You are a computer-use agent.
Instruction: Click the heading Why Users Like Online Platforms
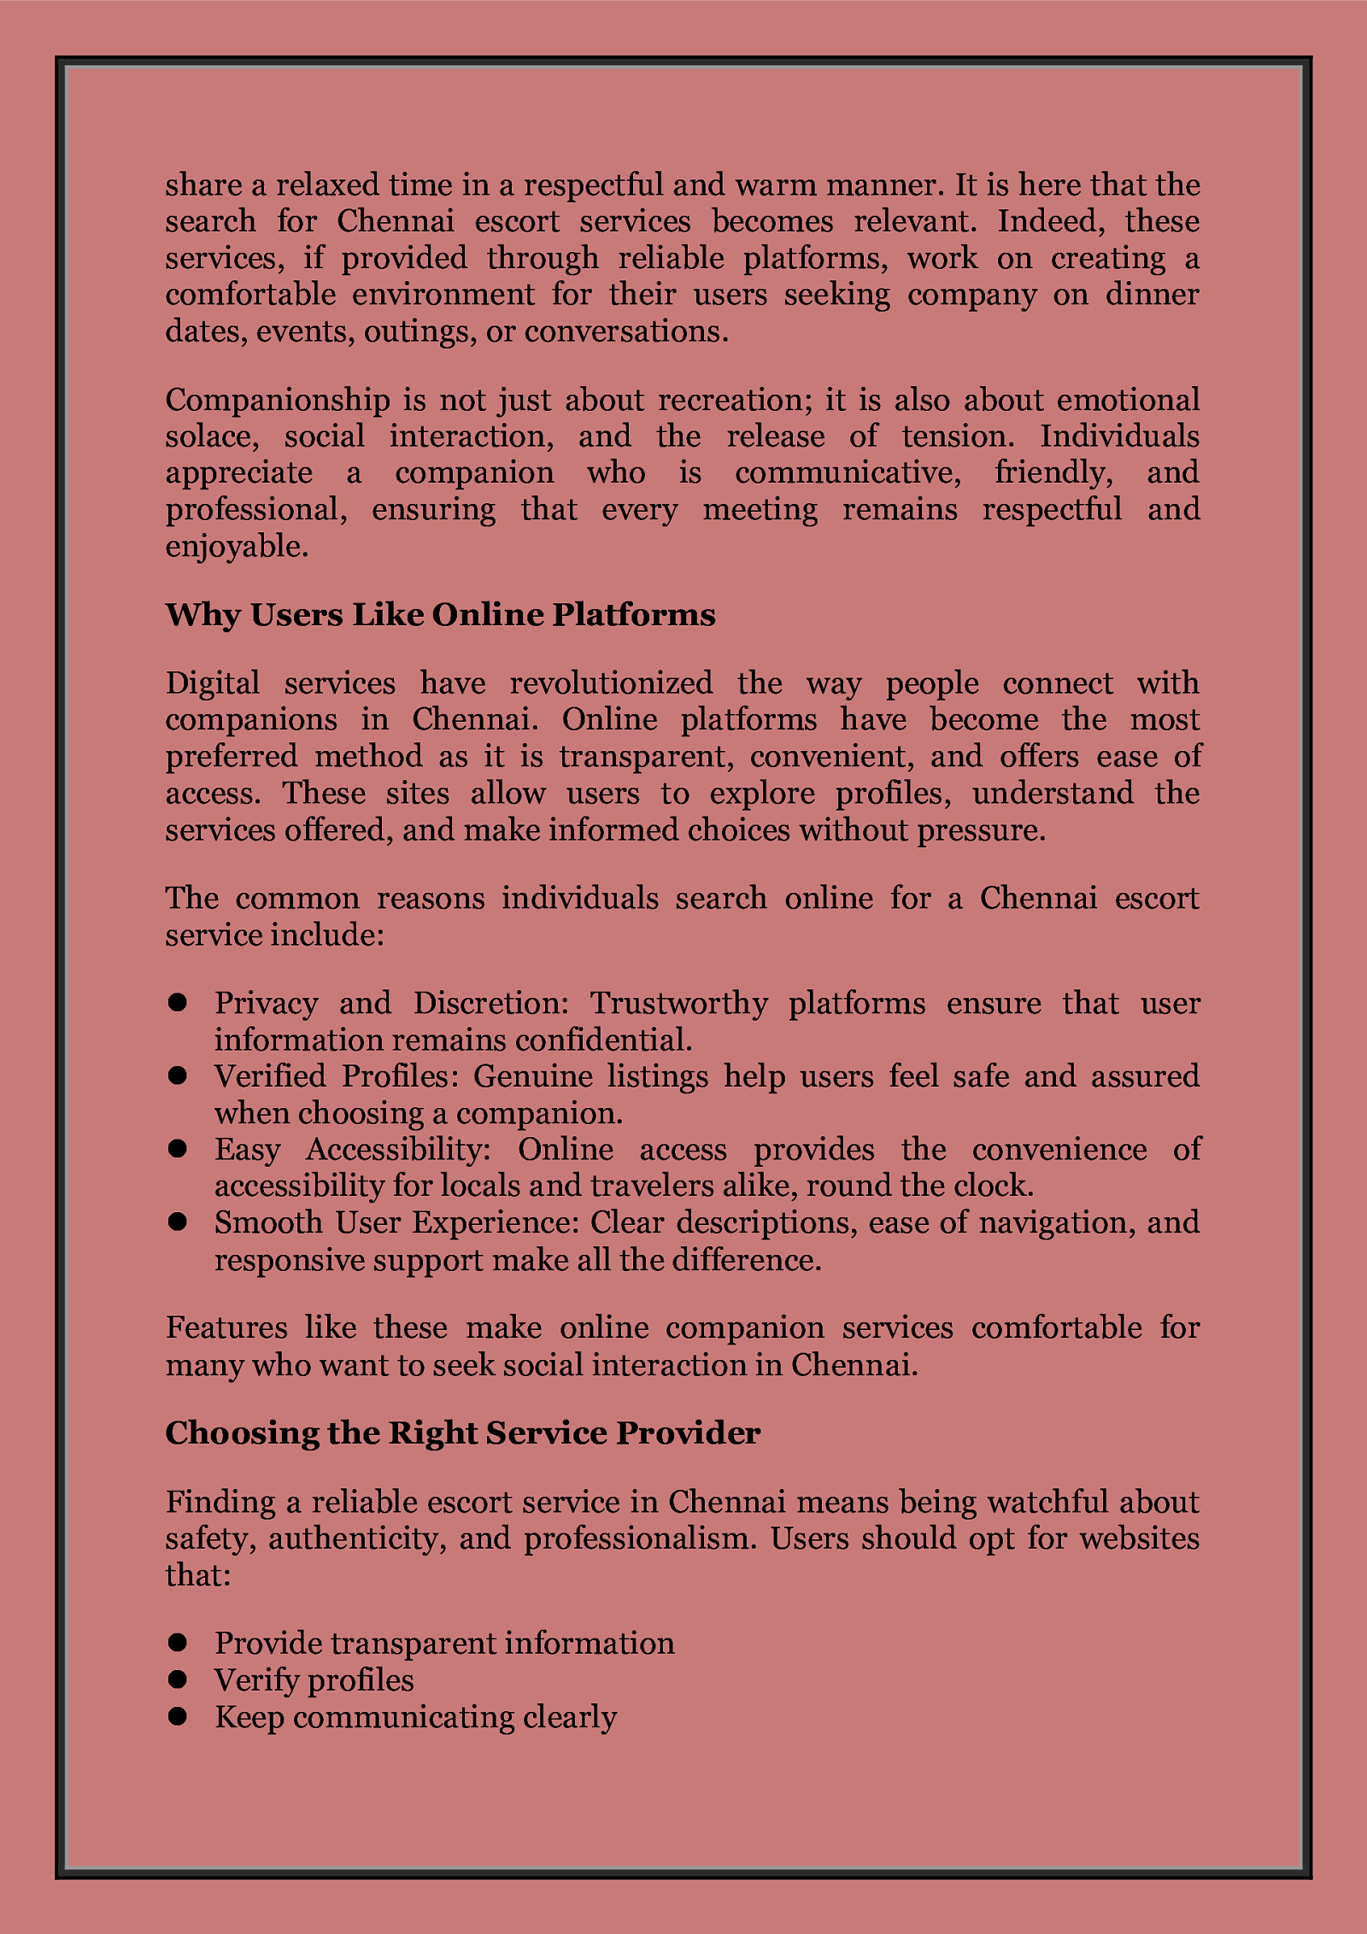point(440,615)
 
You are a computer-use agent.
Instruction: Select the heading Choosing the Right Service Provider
point(462,1433)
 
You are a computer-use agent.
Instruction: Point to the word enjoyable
point(236,547)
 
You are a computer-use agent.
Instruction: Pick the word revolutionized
point(611,683)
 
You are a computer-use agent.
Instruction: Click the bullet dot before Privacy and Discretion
point(178,1003)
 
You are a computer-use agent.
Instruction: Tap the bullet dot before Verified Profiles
point(178,1076)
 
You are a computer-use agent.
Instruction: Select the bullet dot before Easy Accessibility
point(178,1150)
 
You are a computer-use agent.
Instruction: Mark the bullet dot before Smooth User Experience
point(178,1223)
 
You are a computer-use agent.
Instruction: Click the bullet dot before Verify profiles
point(178,1680)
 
